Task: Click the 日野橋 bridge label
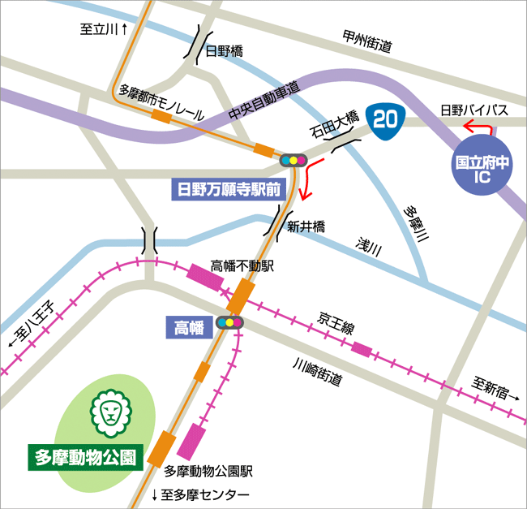coord(224,51)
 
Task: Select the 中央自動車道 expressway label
coord(264,101)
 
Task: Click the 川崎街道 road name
coord(317,373)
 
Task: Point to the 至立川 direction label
coord(101,30)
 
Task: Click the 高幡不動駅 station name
coord(243,265)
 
